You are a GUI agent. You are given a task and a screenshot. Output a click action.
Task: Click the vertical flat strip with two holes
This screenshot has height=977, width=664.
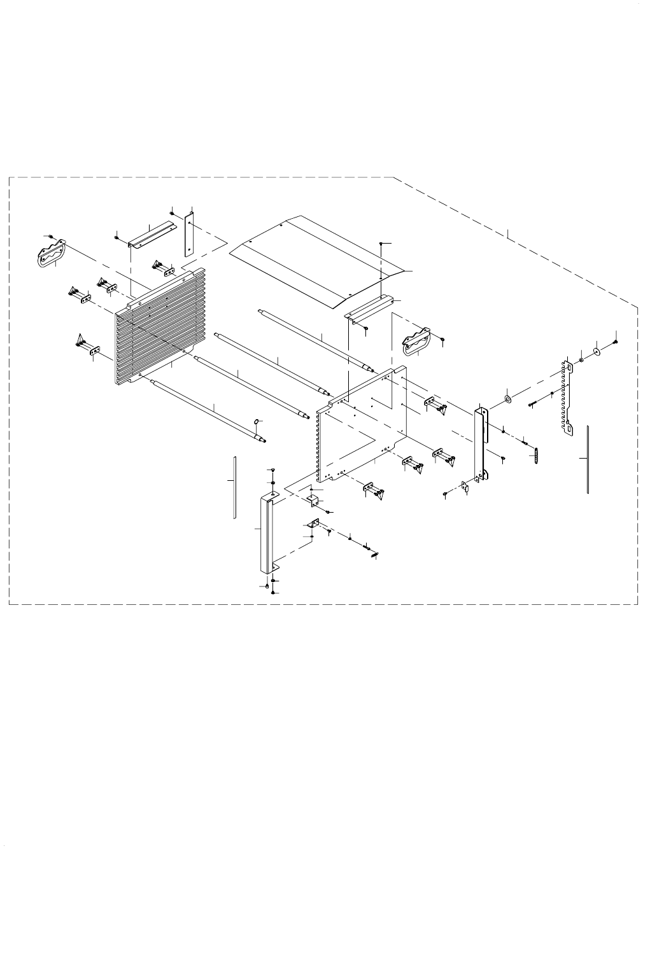[188, 235]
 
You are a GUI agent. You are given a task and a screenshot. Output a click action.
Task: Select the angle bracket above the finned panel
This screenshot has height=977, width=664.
[151, 235]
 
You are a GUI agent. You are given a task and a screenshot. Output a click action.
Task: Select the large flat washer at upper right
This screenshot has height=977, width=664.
[597, 351]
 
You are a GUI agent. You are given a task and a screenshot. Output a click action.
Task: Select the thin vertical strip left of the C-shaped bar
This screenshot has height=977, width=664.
[234, 487]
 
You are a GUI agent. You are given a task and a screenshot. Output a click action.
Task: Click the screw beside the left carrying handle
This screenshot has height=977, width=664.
[52, 237]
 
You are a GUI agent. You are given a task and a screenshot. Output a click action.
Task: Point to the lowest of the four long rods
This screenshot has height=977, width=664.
[207, 408]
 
